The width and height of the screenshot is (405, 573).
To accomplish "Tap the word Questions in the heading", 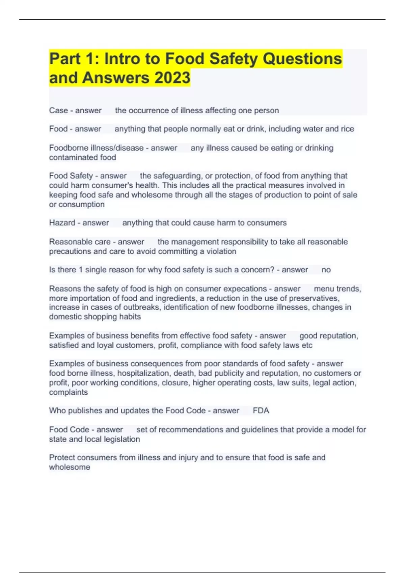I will click(x=302, y=59).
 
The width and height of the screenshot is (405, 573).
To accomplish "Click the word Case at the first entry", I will click(x=58, y=111).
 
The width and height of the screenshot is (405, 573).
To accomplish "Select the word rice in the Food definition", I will click(x=347, y=129).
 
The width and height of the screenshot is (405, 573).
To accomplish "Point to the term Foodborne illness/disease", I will click(x=96, y=148).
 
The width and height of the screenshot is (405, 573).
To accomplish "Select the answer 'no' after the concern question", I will click(x=326, y=270).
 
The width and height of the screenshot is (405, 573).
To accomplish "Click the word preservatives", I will click(x=314, y=298).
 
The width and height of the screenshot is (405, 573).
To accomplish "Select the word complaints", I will click(x=68, y=392).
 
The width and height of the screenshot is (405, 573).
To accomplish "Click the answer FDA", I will click(x=261, y=411).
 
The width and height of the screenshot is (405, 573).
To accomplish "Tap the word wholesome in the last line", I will click(x=70, y=467).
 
